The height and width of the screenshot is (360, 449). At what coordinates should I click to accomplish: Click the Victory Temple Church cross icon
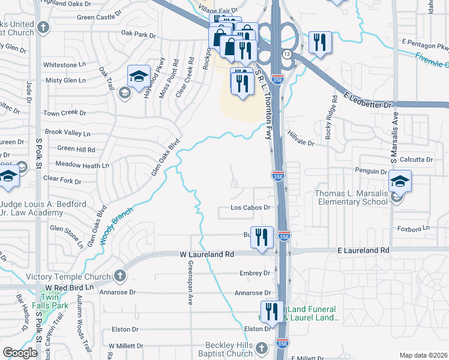click(119, 275)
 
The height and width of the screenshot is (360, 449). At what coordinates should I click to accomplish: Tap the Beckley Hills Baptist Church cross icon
click(261, 348)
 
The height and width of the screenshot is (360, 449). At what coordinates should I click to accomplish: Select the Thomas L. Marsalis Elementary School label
click(352, 197)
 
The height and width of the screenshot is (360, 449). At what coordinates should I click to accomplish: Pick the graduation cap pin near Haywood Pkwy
click(139, 77)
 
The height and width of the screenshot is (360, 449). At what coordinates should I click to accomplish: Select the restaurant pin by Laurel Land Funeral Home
click(273, 312)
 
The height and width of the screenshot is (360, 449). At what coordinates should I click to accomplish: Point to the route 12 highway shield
click(288, 54)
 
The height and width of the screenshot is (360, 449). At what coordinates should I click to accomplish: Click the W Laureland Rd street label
click(208, 254)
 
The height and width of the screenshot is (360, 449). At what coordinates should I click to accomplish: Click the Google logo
click(20, 353)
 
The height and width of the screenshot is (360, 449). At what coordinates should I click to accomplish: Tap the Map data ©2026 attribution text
click(423, 355)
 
